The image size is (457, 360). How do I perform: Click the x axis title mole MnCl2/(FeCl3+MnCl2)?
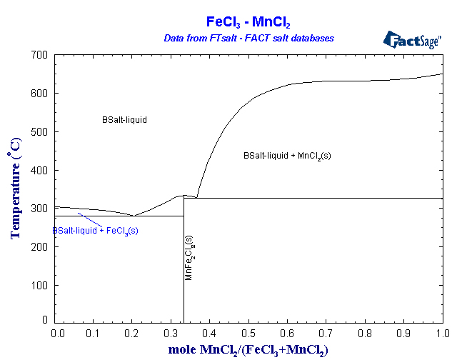tap(248, 350)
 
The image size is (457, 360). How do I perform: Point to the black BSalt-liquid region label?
tap(124, 120)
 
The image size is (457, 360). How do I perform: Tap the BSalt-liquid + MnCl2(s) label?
tap(286, 155)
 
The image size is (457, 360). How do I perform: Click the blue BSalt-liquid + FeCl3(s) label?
tap(95, 231)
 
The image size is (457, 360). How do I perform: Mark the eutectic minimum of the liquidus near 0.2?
tap(133, 215)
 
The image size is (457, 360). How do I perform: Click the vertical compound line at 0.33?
tap(184, 286)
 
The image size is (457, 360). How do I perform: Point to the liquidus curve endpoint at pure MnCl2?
tap(443, 74)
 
